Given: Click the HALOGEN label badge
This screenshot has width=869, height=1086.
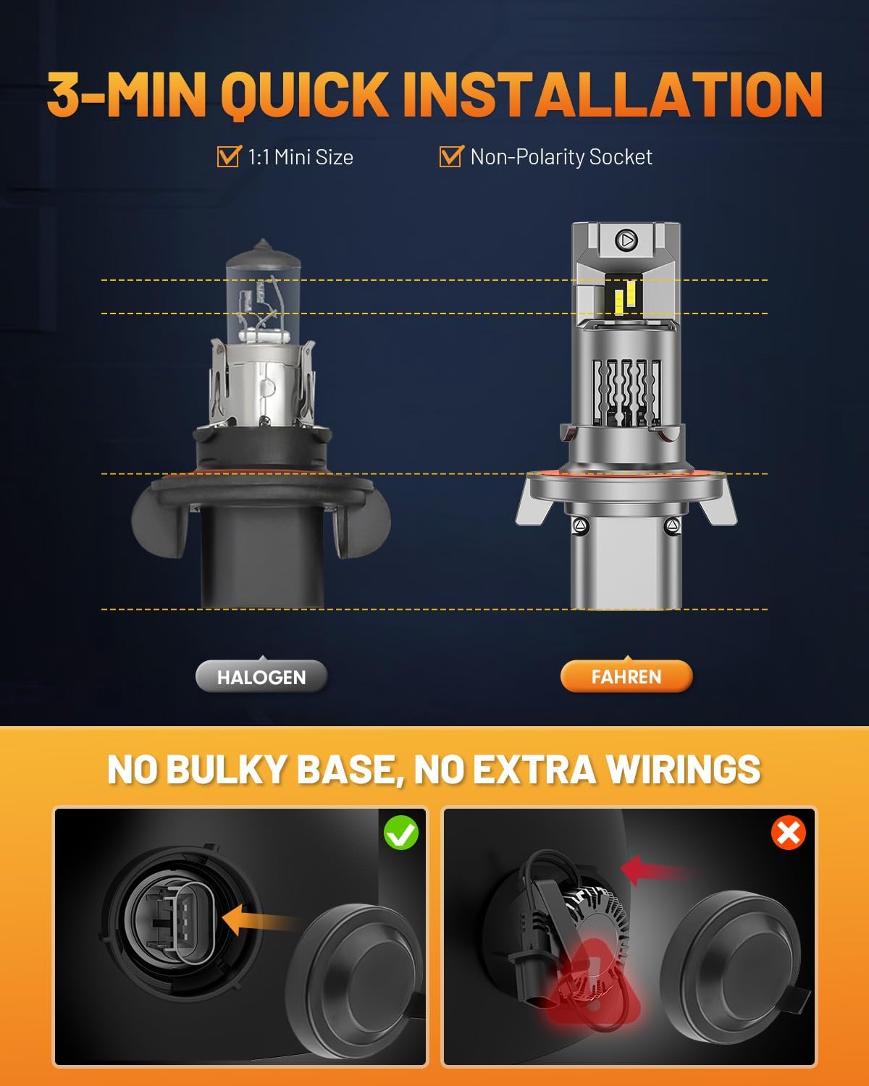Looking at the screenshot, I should (261, 677).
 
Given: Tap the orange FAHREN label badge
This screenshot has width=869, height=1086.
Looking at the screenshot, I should (626, 677).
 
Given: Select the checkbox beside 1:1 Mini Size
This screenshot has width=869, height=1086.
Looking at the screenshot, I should (229, 156).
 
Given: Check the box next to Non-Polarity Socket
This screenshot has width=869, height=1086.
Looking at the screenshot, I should (450, 156).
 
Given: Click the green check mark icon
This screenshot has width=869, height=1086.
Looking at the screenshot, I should (401, 833).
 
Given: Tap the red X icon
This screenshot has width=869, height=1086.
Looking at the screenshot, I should (789, 833).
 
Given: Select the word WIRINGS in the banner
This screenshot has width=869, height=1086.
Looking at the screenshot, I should (684, 769).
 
